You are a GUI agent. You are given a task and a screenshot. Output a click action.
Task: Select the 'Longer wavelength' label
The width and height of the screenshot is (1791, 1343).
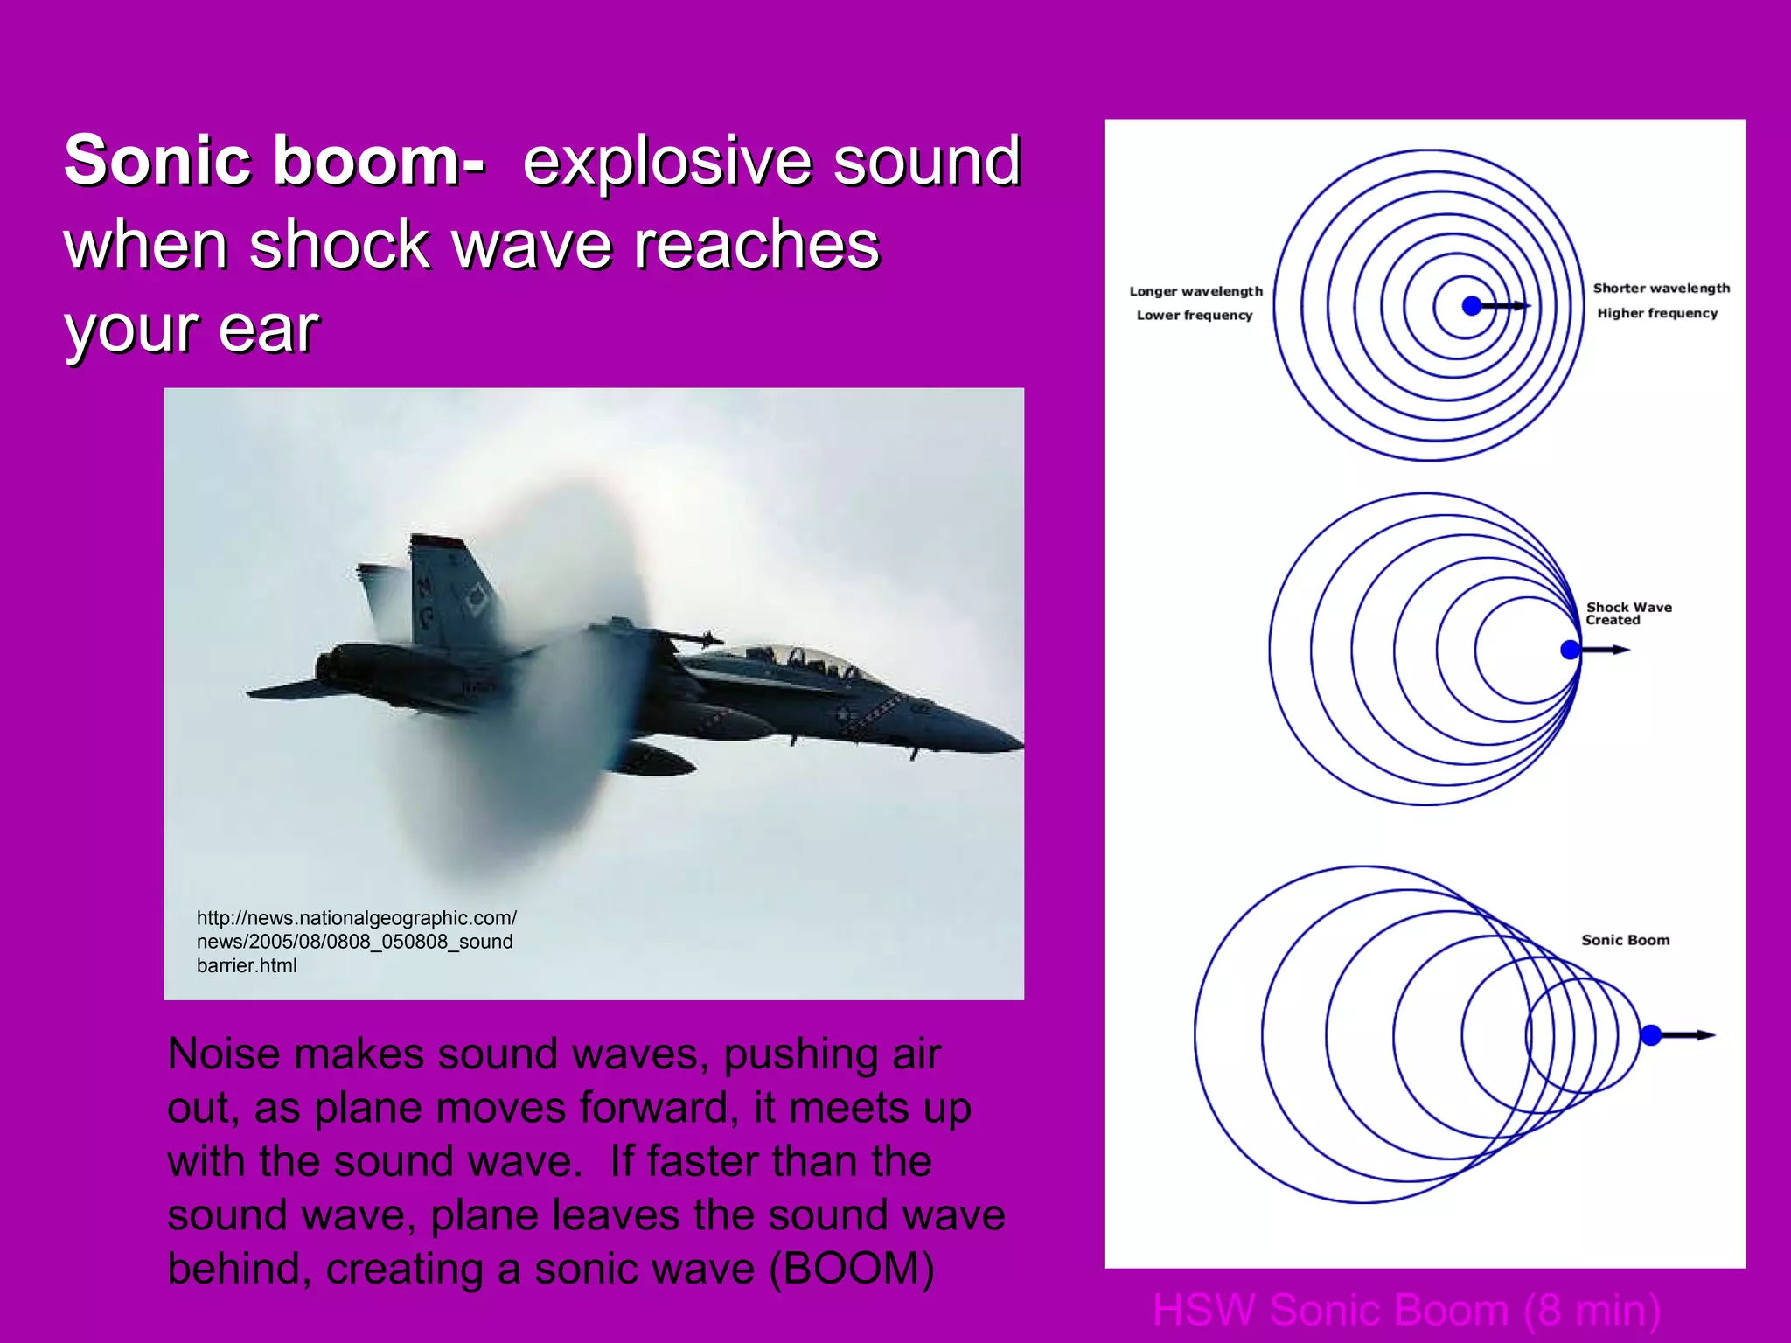[1195, 291]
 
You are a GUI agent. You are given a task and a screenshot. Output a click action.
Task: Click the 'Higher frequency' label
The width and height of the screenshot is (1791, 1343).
[1657, 313]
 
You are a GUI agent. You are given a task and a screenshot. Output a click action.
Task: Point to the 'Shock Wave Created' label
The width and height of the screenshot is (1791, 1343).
[1627, 613]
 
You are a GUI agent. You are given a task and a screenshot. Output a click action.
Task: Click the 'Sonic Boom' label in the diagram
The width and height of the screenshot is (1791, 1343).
[1625, 940]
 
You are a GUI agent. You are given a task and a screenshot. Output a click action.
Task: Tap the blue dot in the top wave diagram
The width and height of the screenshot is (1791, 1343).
[1472, 305]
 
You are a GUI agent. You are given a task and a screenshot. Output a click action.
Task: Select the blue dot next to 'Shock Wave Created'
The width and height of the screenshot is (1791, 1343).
[1571, 650]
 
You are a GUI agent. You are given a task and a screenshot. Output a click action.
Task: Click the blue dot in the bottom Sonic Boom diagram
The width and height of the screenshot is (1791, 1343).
[1650, 1035]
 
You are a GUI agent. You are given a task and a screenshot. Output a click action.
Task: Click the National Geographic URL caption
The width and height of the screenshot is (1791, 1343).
[356, 942]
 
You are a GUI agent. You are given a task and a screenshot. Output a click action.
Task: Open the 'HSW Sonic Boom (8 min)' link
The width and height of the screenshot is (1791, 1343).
[1406, 1310]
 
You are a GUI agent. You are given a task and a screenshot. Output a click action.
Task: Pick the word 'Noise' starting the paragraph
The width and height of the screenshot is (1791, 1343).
[225, 1054]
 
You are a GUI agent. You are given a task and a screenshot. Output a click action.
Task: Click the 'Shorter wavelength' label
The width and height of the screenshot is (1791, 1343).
[1661, 288]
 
